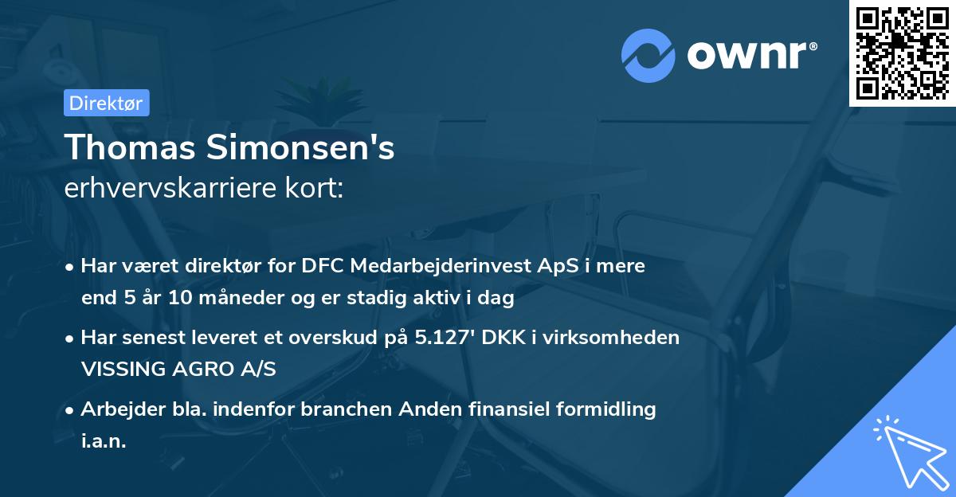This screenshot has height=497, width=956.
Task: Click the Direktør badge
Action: pyautogui.click(x=106, y=103)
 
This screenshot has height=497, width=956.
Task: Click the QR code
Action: pyautogui.click(x=902, y=53)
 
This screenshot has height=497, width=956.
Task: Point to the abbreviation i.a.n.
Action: pyautogui.click(x=104, y=441)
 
